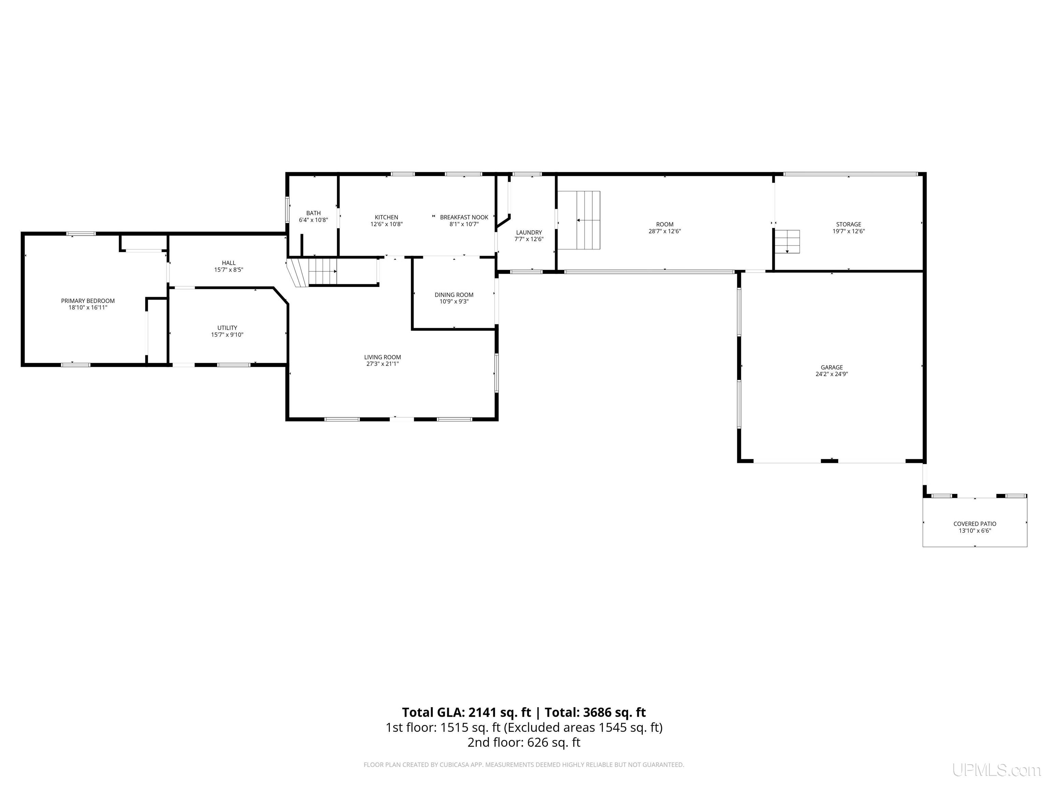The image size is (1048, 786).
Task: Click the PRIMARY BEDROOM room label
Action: pyautogui.click(x=88, y=301)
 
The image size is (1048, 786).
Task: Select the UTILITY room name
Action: pyautogui.click(x=228, y=328)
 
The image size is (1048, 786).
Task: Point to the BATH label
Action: pyautogui.click(x=313, y=213)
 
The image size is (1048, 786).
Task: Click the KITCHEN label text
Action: pyautogui.click(x=387, y=217)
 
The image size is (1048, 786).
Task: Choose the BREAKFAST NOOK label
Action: pyautogui.click(x=464, y=217)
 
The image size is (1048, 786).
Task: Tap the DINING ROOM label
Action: pyautogui.click(x=454, y=295)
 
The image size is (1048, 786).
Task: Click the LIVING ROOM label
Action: pyautogui.click(x=382, y=357)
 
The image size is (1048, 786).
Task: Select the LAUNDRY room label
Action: pyautogui.click(x=529, y=233)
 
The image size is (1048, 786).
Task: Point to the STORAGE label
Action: pyautogui.click(x=848, y=224)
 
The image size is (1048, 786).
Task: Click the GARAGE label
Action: pyautogui.click(x=832, y=367)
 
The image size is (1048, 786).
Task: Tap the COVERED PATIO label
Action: pyautogui.click(x=975, y=524)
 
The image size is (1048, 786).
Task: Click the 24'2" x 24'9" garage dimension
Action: pyautogui.click(x=832, y=374)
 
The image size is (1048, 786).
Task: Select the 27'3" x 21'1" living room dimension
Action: pyautogui.click(x=382, y=364)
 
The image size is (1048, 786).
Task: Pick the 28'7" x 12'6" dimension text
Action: pyautogui.click(x=665, y=232)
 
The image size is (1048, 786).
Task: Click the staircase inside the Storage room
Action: pyautogui.click(x=787, y=242)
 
